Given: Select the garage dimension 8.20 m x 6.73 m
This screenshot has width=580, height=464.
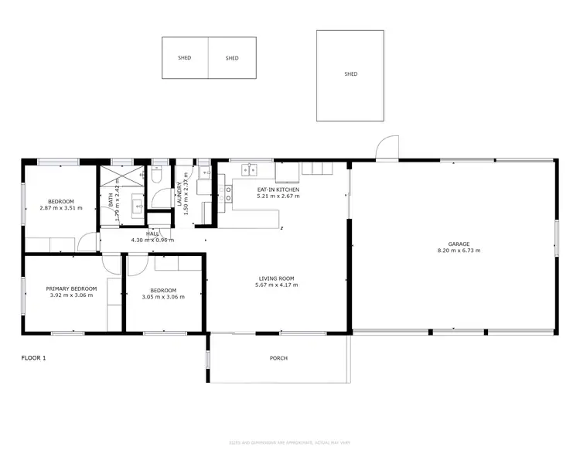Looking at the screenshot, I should coord(453,251).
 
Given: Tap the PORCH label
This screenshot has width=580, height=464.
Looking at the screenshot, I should coord(278,358).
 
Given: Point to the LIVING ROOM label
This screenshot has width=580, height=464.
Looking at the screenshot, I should coord(276,278).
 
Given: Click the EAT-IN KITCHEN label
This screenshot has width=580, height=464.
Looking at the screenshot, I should coord(278,189).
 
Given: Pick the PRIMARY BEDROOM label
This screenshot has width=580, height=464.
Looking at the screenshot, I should coord(71,288).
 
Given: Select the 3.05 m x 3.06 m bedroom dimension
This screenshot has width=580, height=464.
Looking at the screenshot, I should coord(163,297).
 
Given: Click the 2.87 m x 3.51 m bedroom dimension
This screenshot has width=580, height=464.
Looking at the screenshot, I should coord(60,209).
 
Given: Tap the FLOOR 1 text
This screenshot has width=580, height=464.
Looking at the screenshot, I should coord(33,358).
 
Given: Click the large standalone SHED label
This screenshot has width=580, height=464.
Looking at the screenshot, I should coord(350,74).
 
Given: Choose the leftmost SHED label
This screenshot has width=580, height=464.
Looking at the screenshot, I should coord(185,58).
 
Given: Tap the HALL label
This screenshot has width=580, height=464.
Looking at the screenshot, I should coord(153,234).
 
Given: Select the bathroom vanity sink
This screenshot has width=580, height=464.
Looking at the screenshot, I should coord(137,205).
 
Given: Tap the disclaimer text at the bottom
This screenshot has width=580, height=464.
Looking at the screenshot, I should coord(289,442).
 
